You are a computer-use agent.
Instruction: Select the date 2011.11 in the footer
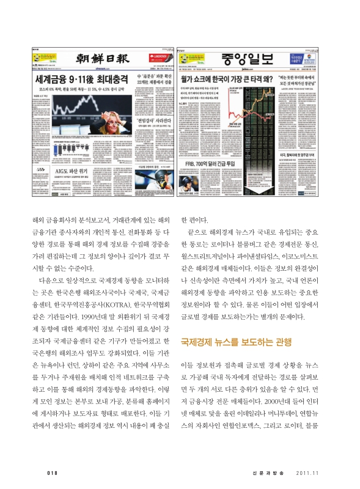[x=307, y=471]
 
